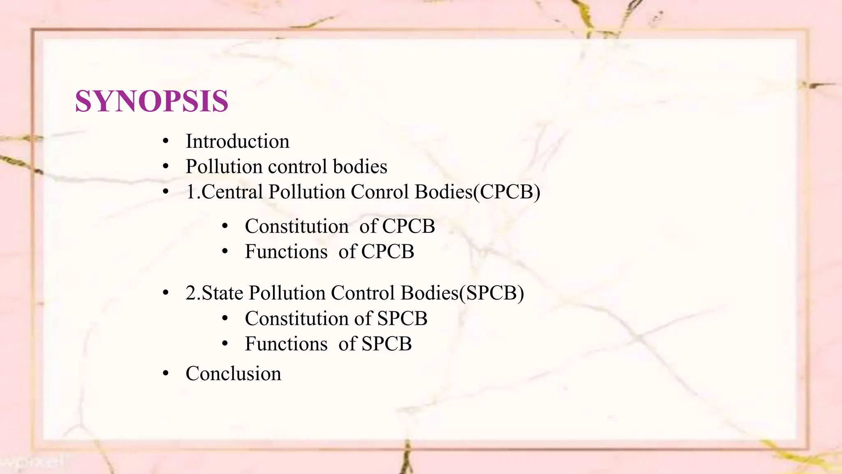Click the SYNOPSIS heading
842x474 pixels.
[151, 101]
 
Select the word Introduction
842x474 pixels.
[237, 142]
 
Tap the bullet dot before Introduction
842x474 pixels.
[166, 142]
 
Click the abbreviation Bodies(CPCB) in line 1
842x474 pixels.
[477, 192]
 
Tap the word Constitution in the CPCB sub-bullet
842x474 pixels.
[296, 226]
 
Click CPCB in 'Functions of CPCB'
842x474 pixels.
[387, 252]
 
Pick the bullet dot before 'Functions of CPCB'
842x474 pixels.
[224, 251]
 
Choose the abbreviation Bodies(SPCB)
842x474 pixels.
[462, 293]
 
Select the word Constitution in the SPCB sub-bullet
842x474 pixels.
[296, 319]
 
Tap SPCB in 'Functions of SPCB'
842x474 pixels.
[386, 344]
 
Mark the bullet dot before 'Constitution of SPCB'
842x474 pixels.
[224, 318]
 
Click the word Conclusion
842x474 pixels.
[233, 374]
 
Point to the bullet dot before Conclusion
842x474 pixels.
[166, 374]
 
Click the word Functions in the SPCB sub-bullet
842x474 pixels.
[286, 344]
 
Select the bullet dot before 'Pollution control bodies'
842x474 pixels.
[166, 167]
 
